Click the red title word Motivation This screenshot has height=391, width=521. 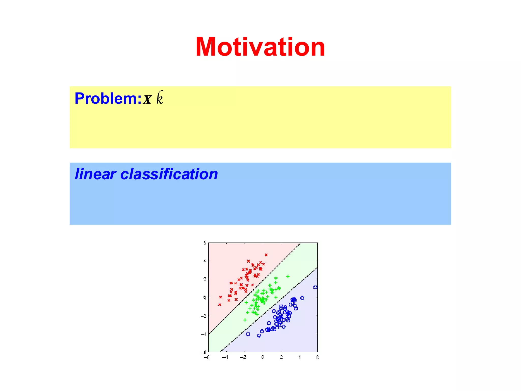click(x=260, y=47)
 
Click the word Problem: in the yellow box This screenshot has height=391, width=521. click(x=108, y=99)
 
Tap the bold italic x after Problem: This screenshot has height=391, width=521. click(x=147, y=99)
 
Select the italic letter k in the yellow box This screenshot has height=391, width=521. click(x=160, y=98)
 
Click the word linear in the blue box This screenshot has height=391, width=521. click(x=95, y=174)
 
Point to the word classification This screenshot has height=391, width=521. click(x=169, y=174)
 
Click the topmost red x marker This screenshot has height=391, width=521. click(x=266, y=255)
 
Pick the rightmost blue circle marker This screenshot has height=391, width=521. click(x=315, y=287)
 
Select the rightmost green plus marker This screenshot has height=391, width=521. click(x=288, y=276)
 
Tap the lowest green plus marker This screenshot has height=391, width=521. click(x=245, y=320)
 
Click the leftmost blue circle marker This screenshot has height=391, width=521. click(x=248, y=334)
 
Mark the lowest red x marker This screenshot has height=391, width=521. click(x=220, y=305)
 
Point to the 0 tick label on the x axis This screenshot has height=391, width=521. click(x=263, y=357)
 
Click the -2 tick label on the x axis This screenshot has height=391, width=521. click(x=243, y=357)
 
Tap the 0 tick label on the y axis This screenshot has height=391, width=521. click(x=205, y=297)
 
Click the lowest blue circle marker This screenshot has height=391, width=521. click(x=259, y=335)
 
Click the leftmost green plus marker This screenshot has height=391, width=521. click(x=245, y=320)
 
